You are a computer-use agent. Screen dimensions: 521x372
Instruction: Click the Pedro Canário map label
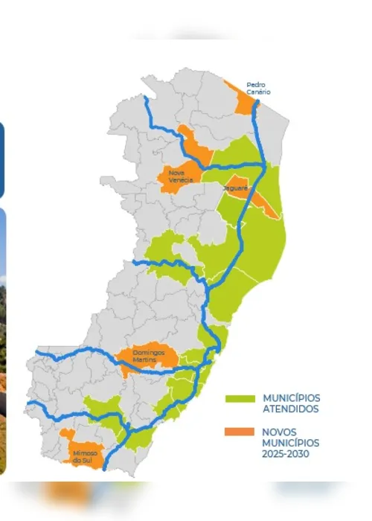[x=260, y=88]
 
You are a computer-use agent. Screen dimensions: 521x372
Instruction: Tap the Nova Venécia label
[x=179, y=176]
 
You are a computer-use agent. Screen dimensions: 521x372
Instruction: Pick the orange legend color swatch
[x=240, y=432]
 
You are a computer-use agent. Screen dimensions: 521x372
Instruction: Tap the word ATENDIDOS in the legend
[x=291, y=409]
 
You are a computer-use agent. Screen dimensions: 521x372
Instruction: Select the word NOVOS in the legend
[x=280, y=432]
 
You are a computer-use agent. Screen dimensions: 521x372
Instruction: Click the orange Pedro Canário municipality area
[x=242, y=100]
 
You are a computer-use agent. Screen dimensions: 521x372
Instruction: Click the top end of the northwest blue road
[x=144, y=98]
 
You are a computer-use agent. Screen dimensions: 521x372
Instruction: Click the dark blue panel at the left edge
[x=1, y=160]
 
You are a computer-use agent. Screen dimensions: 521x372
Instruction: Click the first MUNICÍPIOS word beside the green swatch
[x=292, y=398]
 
